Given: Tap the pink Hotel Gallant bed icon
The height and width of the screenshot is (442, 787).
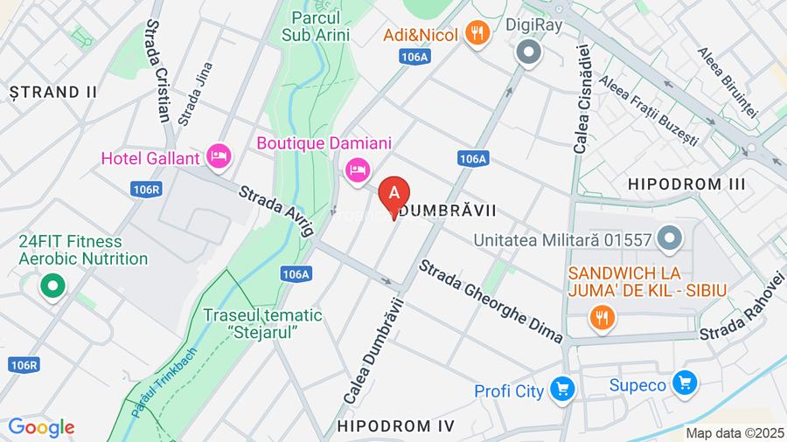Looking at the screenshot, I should tap(219, 157).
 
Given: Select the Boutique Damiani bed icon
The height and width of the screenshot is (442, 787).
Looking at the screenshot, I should tap(356, 169).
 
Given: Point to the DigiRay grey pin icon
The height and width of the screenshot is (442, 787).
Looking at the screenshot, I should tap(529, 52).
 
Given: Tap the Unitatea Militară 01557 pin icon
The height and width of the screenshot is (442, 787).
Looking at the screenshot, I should tap(670, 238).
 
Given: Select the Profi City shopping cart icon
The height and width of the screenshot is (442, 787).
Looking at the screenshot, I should tap(561, 390).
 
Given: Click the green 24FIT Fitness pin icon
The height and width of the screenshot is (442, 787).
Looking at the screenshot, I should tap(52, 285).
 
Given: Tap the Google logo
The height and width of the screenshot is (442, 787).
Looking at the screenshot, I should tap(40, 428).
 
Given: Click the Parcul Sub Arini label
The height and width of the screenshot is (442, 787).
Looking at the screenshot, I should tap(316, 26).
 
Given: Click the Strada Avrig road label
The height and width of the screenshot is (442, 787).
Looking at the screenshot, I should tap(275, 209).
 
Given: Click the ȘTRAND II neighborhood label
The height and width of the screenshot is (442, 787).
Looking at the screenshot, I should tap(52, 91).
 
